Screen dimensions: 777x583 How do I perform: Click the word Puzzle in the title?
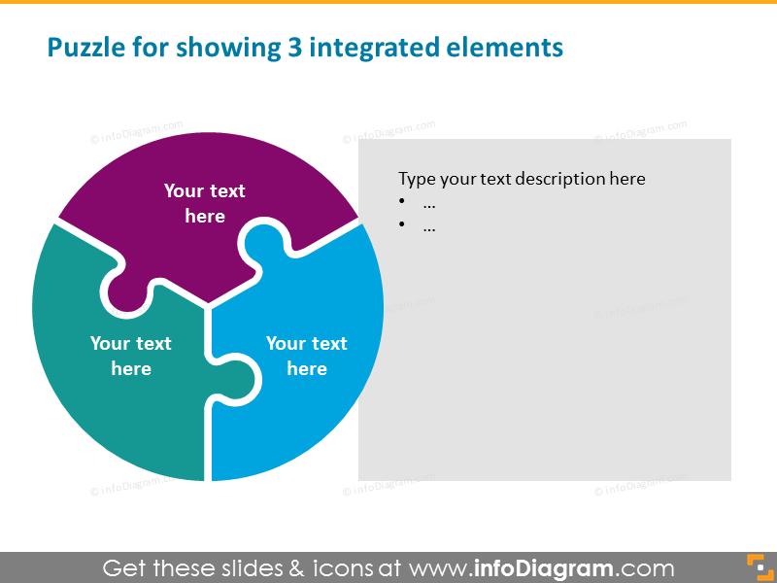coord(86,49)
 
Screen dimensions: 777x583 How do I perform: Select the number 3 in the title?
coord(295,48)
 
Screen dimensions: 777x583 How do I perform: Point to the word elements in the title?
coord(504,48)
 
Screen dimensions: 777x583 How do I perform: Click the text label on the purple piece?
coord(205,203)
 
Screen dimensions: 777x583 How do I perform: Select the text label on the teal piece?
coord(131,356)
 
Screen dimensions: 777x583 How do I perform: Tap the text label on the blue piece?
coord(307,356)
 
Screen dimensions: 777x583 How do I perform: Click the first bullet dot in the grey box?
coord(402,201)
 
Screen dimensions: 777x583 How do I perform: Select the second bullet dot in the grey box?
coord(402,224)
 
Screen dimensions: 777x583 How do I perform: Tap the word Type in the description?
coord(418,179)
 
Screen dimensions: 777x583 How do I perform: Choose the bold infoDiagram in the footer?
coord(544,568)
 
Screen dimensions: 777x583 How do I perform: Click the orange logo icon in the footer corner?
coord(760,567)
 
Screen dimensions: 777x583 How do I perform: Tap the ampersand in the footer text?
coord(297,568)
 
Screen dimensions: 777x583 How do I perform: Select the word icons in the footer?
coord(343,568)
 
